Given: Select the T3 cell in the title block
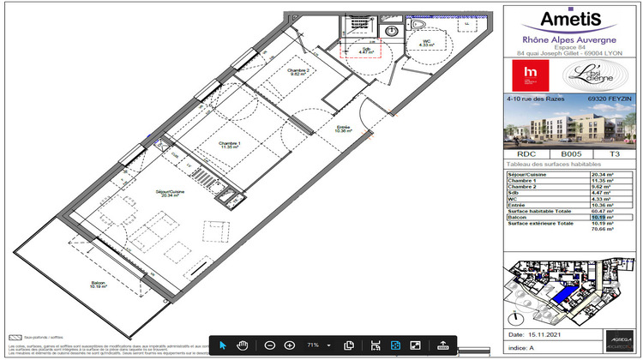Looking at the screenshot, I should coord(614,155).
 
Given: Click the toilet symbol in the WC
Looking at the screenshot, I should coord(418,29).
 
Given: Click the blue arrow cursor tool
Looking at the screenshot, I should coord(222,345).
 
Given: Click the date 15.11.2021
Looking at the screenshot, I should coord(548,334).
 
